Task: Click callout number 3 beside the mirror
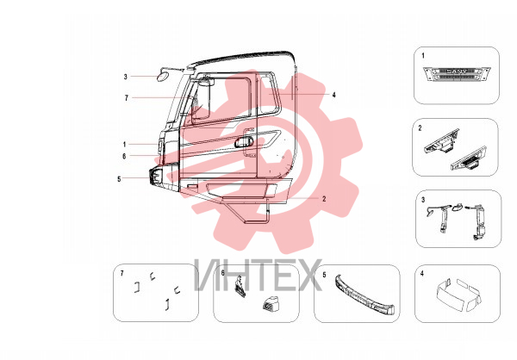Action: [125, 77]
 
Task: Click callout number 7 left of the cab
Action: [127, 98]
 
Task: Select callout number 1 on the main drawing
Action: [125, 145]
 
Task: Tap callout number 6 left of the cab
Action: [124, 156]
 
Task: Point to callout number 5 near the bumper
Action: [120, 179]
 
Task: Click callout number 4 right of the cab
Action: [334, 95]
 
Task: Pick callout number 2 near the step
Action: [324, 199]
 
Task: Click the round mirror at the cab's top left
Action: [163, 76]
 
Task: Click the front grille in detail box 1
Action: [457, 75]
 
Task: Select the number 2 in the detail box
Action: [420, 128]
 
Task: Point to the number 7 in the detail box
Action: [122, 273]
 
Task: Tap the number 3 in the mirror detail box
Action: [423, 200]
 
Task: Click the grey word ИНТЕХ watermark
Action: [258, 275]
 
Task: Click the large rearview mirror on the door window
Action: [202, 98]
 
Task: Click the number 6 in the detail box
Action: [223, 273]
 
